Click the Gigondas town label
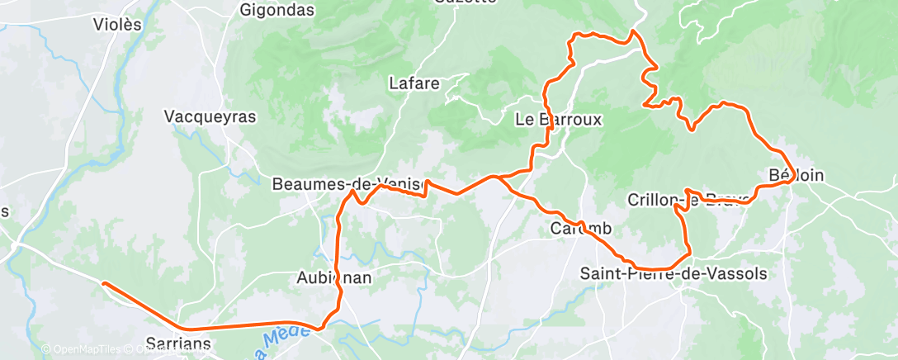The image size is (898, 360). (x=276, y=11)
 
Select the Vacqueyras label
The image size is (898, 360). (x=210, y=116)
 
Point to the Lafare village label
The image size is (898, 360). (x=414, y=83)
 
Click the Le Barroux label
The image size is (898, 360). (x=558, y=119)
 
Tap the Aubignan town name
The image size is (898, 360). (x=333, y=278)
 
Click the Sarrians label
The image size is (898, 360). (x=178, y=343)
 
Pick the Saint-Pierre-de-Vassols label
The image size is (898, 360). (x=673, y=273)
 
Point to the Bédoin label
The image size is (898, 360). (x=796, y=175)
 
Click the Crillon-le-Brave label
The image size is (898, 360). (x=688, y=200)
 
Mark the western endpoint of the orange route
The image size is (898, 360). (x=104, y=283)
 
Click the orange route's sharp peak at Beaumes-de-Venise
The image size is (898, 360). (x=353, y=192)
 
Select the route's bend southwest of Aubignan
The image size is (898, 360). (x=320, y=326)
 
